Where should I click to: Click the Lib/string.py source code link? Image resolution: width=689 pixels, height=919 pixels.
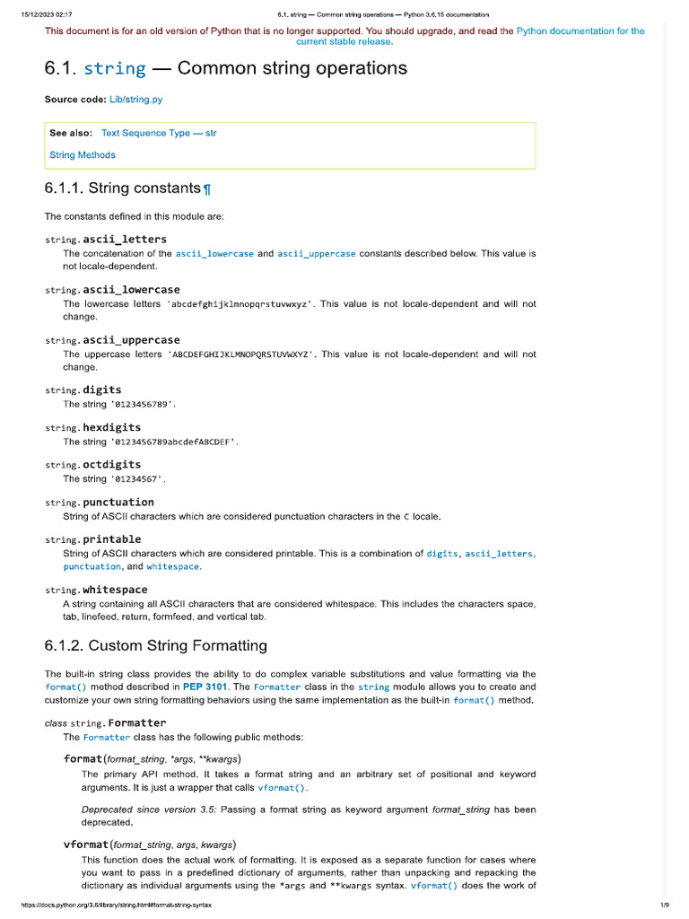[135, 100]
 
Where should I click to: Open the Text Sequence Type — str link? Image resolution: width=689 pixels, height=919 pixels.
[159, 133]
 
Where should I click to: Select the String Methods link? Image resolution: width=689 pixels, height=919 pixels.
[83, 154]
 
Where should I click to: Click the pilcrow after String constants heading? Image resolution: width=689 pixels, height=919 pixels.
[207, 189]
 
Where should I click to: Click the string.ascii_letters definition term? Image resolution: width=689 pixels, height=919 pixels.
[106, 240]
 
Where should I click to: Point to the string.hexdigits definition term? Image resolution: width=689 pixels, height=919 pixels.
[92, 428]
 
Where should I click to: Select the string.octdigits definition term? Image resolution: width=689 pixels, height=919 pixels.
[92, 465]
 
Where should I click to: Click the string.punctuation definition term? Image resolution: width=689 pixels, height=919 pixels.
[99, 503]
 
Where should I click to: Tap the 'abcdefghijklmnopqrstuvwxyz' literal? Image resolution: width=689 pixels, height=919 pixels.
[240, 304]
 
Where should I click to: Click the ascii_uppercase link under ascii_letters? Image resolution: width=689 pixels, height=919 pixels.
[318, 254]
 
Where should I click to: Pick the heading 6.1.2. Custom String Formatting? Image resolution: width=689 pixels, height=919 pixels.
[155, 645]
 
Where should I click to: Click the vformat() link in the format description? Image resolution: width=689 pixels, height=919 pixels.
[282, 788]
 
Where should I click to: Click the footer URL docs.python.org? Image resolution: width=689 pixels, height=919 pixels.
[107, 905]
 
